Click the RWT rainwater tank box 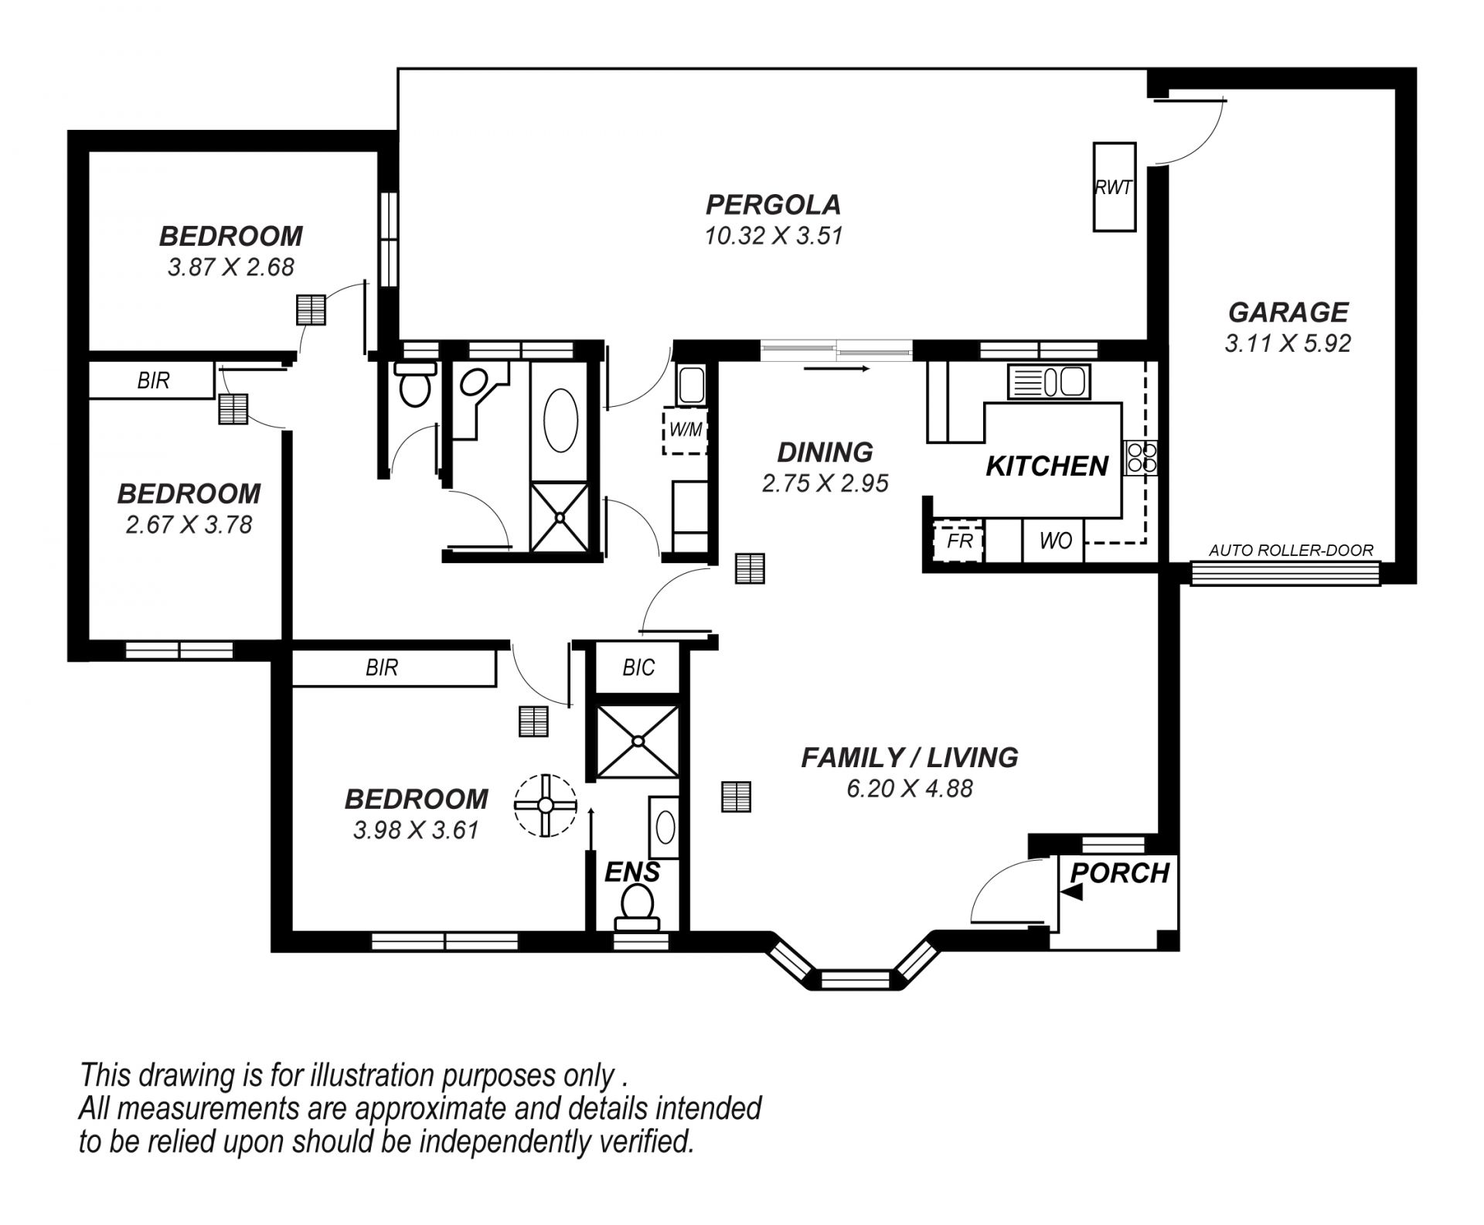point(1114,186)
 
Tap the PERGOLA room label point(773,205)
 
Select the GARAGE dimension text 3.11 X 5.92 point(1288,343)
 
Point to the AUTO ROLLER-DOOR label point(1291,551)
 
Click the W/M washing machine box point(685,430)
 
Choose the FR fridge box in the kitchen point(958,541)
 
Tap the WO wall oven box point(1054,541)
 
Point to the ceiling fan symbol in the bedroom point(546,806)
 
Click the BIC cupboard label point(638,667)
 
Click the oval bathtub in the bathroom point(561,420)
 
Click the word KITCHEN point(1047,466)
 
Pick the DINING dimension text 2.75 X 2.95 point(825,483)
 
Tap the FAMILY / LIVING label point(910,757)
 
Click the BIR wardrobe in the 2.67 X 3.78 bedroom point(151,380)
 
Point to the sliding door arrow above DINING point(837,370)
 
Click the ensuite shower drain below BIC point(638,741)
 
